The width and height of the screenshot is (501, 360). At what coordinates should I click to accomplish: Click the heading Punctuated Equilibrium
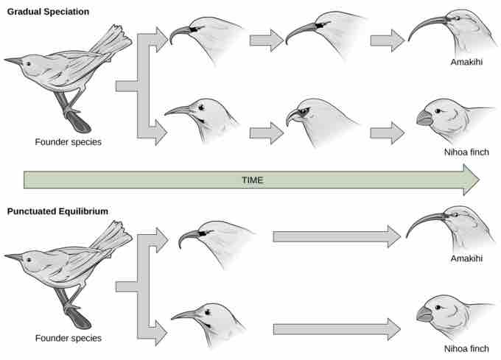[x=58, y=211]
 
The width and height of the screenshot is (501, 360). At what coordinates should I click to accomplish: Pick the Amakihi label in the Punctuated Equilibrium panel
[x=466, y=258]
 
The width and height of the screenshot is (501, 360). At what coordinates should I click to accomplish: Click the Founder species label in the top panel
[x=68, y=142]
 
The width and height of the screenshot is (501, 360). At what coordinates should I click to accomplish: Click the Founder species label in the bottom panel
[x=68, y=339]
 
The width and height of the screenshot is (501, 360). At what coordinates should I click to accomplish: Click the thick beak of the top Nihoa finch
[x=425, y=118]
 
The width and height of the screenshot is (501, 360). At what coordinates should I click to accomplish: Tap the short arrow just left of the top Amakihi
[x=386, y=41]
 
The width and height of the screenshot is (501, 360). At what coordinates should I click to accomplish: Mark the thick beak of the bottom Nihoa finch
[x=424, y=314]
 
